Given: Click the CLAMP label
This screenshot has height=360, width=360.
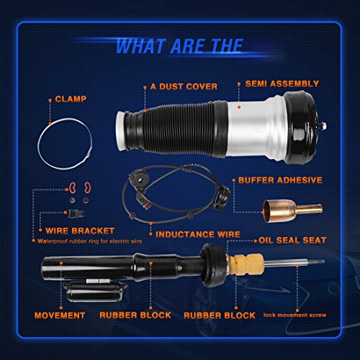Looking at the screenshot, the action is click(x=71, y=99).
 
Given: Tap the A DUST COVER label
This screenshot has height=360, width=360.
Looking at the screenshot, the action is click(x=184, y=86).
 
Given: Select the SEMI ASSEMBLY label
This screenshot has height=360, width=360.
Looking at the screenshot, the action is click(x=282, y=84).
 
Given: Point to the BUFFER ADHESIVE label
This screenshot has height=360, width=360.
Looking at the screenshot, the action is click(x=280, y=180).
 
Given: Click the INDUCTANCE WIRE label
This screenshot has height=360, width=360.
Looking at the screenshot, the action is click(x=198, y=235).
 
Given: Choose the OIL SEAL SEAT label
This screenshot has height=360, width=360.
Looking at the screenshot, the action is click(x=292, y=240).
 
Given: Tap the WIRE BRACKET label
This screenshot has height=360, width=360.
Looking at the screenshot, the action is click(x=80, y=231).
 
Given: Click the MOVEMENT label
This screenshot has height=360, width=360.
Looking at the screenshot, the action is click(x=60, y=315).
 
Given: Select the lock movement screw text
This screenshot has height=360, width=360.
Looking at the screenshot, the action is click(x=294, y=315).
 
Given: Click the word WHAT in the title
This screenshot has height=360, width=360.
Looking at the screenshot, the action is click(x=140, y=46).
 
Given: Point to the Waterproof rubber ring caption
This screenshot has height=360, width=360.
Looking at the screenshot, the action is click(x=89, y=241).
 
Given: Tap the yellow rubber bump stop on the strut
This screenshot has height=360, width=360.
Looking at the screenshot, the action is click(x=246, y=264).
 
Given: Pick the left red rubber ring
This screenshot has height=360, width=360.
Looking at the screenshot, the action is click(x=73, y=188).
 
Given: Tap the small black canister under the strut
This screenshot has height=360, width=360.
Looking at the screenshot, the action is click(x=95, y=292).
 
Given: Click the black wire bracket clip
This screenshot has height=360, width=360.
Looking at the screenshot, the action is click(x=76, y=213).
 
